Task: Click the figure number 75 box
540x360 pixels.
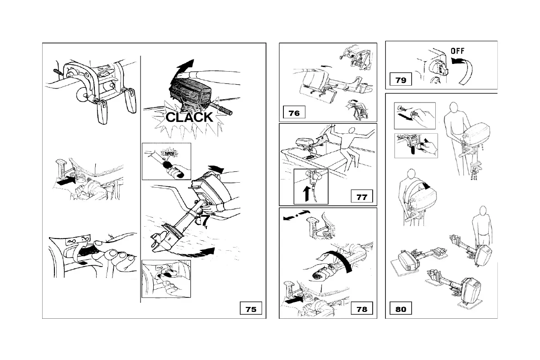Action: tap(250, 309)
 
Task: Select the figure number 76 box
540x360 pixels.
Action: tap(294, 113)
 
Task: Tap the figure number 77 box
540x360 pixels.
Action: tap(362, 197)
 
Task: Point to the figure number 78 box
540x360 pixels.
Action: tap(362, 309)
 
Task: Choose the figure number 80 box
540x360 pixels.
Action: tap(400, 309)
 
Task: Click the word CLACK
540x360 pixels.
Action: tap(189, 117)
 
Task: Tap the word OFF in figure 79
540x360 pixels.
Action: tap(457, 51)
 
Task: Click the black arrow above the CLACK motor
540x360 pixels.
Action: tap(183, 70)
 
